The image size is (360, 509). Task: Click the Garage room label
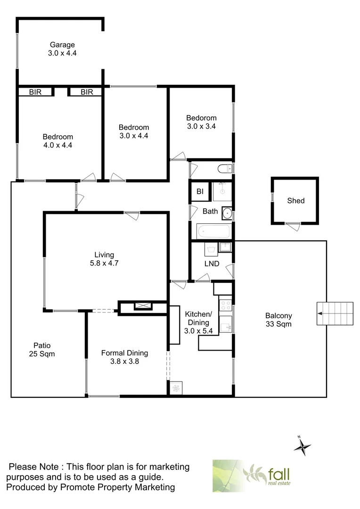62,45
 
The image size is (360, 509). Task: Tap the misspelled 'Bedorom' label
201,118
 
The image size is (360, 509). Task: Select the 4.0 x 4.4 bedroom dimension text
57,145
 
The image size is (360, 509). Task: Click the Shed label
296,201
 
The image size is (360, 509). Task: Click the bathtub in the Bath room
213,231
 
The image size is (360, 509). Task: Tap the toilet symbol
224,168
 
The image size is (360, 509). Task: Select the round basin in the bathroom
228,213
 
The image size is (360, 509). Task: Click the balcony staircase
335,313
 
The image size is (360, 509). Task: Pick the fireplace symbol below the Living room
143,306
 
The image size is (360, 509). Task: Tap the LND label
212,263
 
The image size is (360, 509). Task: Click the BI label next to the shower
200,191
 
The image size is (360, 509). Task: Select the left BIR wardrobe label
35,92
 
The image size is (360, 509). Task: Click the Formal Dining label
125,353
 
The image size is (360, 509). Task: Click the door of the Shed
293,227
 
